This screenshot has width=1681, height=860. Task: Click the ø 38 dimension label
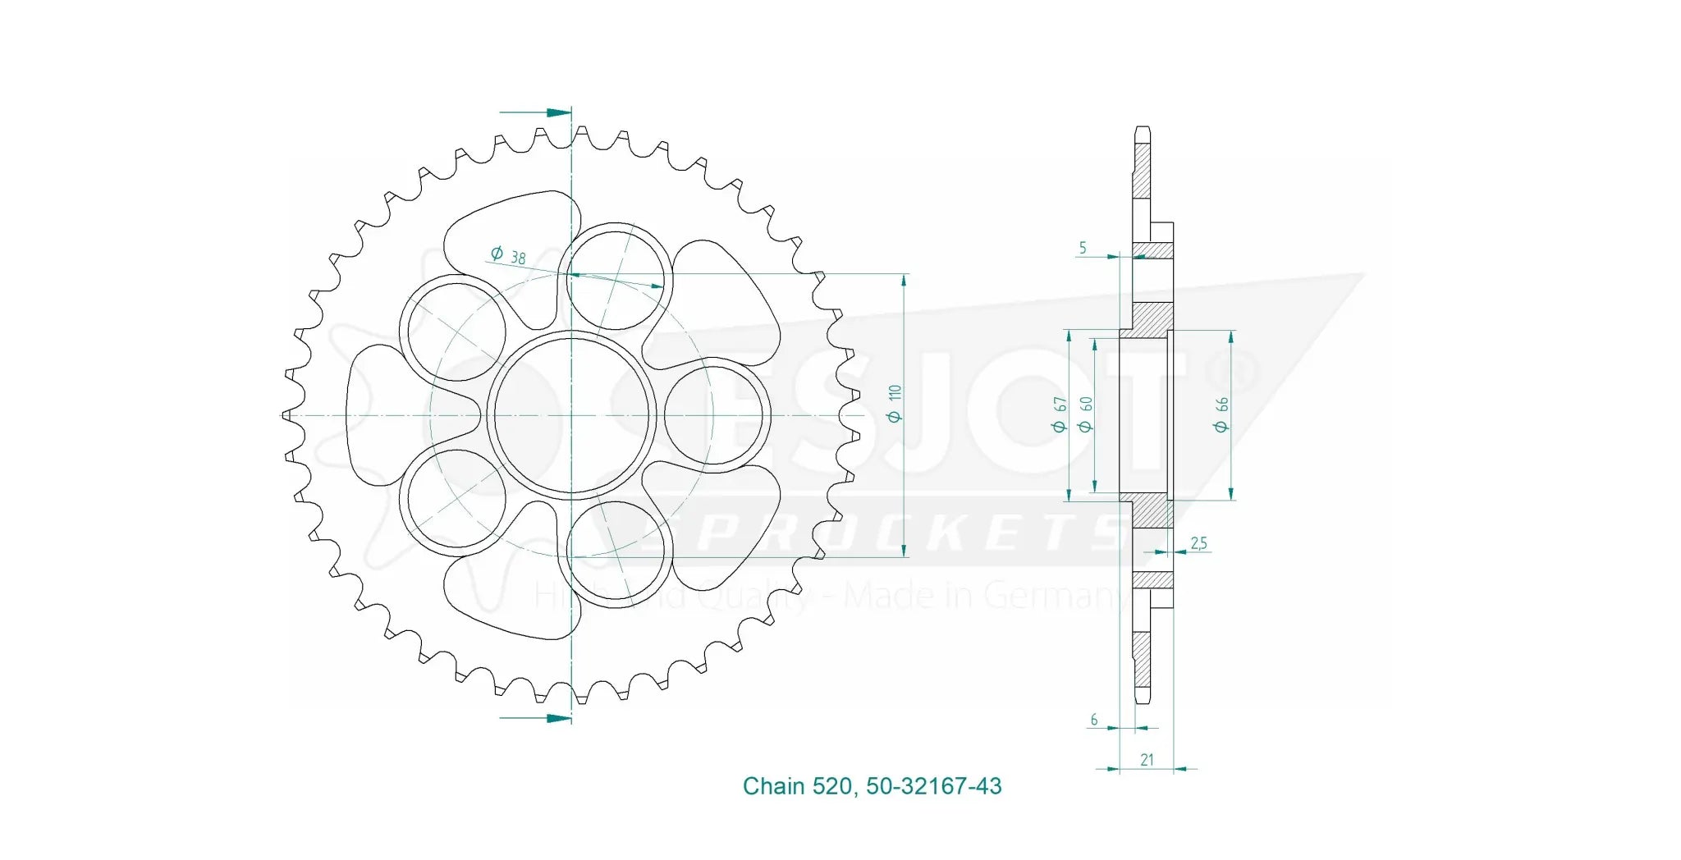(508, 255)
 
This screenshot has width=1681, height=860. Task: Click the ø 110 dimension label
(895, 403)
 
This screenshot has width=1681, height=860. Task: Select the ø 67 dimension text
(1060, 414)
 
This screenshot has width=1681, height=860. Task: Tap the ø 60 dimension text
(1085, 414)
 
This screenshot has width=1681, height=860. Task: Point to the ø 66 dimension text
(1221, 414)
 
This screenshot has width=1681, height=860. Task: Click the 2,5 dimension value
(1198, 542)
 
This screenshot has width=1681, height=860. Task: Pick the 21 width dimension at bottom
(1147, 760)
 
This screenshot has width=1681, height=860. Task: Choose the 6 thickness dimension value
(1094, 720)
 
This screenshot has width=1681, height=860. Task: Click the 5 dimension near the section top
(1083, 247)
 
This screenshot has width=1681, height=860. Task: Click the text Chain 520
(797, 786)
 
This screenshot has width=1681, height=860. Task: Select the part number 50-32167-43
(933, 786)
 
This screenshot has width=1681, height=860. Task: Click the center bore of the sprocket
(571, 415)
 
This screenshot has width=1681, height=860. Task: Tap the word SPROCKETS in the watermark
(895, 534)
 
